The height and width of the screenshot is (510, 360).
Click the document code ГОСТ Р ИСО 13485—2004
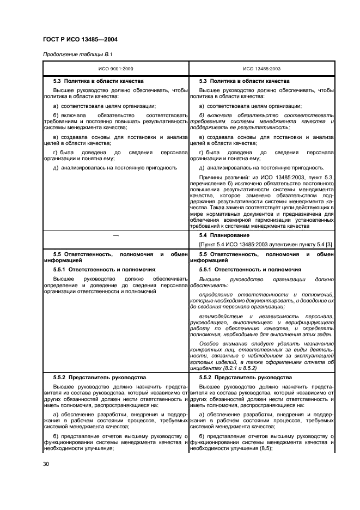point(81,40)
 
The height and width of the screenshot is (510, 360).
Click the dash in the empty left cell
point(115,235)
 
